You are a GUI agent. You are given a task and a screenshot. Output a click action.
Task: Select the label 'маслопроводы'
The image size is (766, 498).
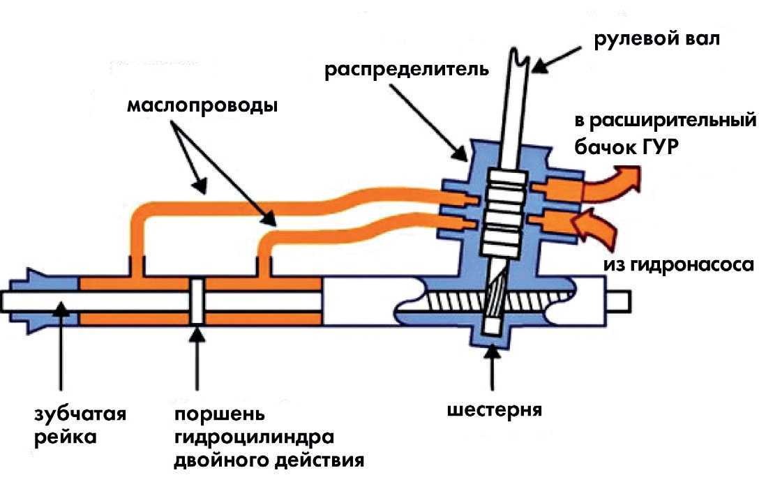pyautogui.click(x=203, y=107)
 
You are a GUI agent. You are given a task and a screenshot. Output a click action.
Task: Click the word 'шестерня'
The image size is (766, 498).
pyautogui.click(x=495, y=408)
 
